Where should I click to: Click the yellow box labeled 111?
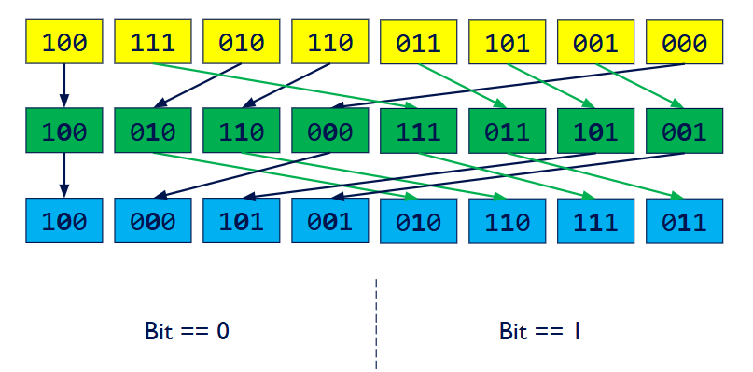(153, 43)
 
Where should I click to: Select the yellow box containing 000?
(684, 43)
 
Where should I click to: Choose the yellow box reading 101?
(508, 43)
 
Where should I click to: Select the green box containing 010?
(153, 131)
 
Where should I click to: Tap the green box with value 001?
(684, 131)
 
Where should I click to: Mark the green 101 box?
(595, 131)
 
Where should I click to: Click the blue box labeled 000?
(153, 221)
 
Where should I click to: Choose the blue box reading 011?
(684, 221)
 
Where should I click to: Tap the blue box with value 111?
(595, 221)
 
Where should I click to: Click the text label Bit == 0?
(187, 331)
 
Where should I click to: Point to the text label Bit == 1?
(540, 331)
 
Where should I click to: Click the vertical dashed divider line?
(377, 322)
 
